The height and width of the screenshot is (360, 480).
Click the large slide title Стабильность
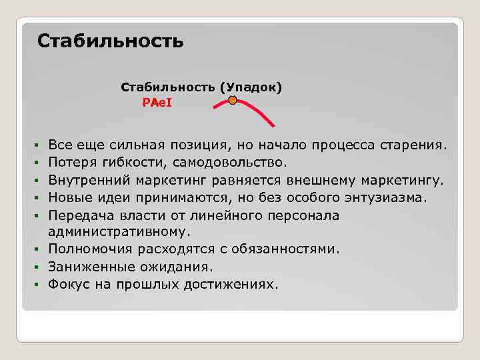[110, 41]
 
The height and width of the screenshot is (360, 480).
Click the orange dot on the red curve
[233, 101]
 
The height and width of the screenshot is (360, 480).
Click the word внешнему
[316, 180]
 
